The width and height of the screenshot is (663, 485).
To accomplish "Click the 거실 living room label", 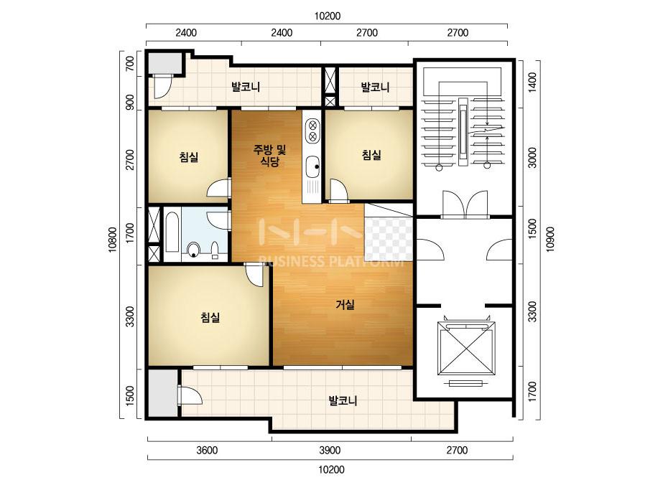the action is (x=345, y=305).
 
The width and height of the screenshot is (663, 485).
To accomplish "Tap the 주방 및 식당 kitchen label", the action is (x=270, y=155).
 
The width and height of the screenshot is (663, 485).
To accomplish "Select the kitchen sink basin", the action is (x=312, y=166).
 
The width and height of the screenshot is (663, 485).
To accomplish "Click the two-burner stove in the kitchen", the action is (x=313, y=131).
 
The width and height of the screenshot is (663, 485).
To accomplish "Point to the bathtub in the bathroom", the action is (x=172, y=234).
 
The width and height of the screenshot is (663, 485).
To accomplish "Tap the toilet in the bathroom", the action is (x=194, y=250).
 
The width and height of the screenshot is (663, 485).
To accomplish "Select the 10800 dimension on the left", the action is (x=113, y=240).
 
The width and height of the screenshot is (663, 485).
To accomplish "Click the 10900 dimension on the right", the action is (x=550, y=239).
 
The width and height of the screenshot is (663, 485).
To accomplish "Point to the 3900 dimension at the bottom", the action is (x=330, y=451).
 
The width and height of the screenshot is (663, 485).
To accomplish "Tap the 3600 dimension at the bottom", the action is (x=207, y=451).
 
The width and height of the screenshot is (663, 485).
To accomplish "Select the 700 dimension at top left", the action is (x=130, y=64).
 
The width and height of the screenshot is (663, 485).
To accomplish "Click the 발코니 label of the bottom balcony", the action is (x=343, y=400).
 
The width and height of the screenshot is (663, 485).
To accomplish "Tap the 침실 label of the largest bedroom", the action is (x=210, y=317).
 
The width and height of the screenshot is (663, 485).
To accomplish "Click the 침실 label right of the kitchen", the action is (x=371, y=155).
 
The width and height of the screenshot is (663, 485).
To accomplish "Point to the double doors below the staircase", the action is (x=465, y=205).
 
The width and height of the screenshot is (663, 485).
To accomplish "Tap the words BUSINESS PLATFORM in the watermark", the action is (x=331, y=262).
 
